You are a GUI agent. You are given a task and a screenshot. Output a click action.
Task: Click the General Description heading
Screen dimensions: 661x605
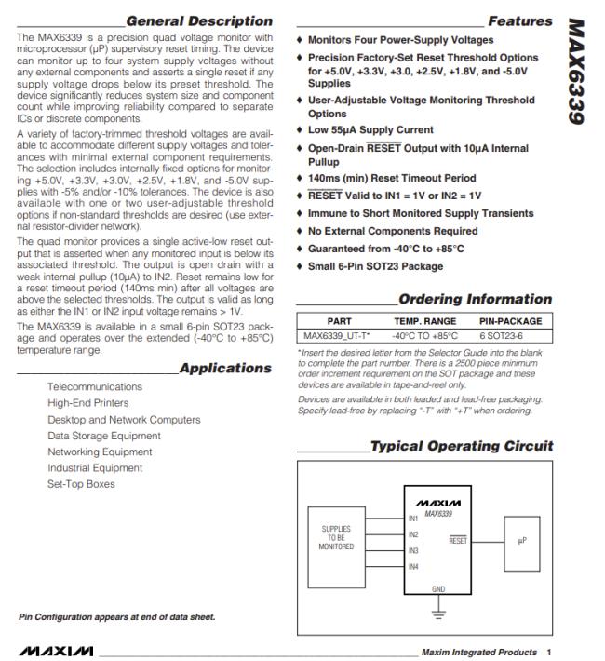(199, 20)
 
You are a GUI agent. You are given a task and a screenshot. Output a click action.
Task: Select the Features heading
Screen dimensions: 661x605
(519, 20)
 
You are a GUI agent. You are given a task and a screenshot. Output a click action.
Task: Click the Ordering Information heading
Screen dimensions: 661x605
(475, 299)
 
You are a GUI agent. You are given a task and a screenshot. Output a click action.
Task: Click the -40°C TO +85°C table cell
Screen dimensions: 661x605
(425, 335)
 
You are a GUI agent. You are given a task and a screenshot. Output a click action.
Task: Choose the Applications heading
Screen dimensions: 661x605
(225, 368)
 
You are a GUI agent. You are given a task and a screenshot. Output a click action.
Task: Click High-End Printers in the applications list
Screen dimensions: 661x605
(88, 403)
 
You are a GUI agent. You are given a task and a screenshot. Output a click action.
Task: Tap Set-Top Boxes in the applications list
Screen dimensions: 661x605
(82, 484)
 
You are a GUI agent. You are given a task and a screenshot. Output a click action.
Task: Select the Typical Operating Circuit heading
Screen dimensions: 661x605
(462, 446)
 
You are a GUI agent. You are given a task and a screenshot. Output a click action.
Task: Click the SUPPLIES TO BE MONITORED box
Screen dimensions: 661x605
(336, 537)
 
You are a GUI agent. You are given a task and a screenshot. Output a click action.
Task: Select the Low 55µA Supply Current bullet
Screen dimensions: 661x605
(370, 129)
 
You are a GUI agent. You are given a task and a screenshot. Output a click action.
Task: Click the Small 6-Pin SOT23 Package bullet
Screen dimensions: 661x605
(375, 266)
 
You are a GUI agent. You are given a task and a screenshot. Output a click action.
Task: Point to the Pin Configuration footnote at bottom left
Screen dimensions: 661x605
(116, 616)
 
